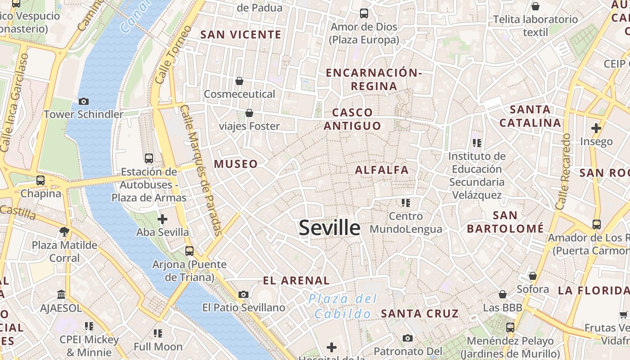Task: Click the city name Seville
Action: (329, 228)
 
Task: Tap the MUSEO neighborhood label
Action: (236, 164)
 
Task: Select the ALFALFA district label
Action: (382, 170)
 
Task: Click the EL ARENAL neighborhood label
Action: (296, 280)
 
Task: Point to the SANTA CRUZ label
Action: (420, 314)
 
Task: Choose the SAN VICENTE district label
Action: (241, 35)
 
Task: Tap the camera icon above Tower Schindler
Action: (83, 101)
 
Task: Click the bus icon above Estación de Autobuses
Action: (149, 158)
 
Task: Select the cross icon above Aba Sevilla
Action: (162, 219)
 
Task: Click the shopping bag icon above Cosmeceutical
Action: (239, 81)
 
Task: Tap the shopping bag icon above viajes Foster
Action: (249, 113)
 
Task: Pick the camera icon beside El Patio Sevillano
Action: (243, 294)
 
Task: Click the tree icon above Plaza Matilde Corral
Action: (64, 232)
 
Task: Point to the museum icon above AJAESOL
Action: (61, 294)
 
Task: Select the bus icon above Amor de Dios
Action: (364, 13)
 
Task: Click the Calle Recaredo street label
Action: (563, 171)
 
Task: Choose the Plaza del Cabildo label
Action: (343, 306)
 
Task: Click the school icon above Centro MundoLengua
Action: (406, 203)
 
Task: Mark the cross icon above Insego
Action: (596, 128)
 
